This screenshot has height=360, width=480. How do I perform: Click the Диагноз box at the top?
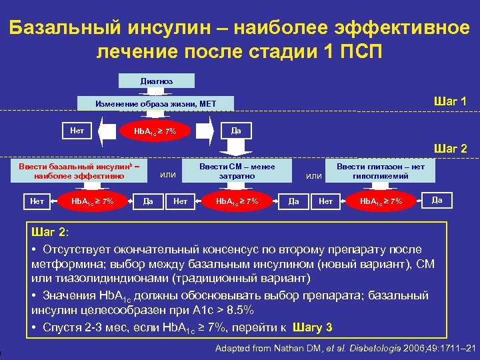(157, 81)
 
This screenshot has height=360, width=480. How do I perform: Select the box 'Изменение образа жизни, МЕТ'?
(156, 104)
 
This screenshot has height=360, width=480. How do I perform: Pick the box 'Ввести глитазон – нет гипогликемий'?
(380, 170)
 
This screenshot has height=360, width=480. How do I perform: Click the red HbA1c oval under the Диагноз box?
(155, 131)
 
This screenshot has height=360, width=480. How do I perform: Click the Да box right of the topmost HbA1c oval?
(235, 129)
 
